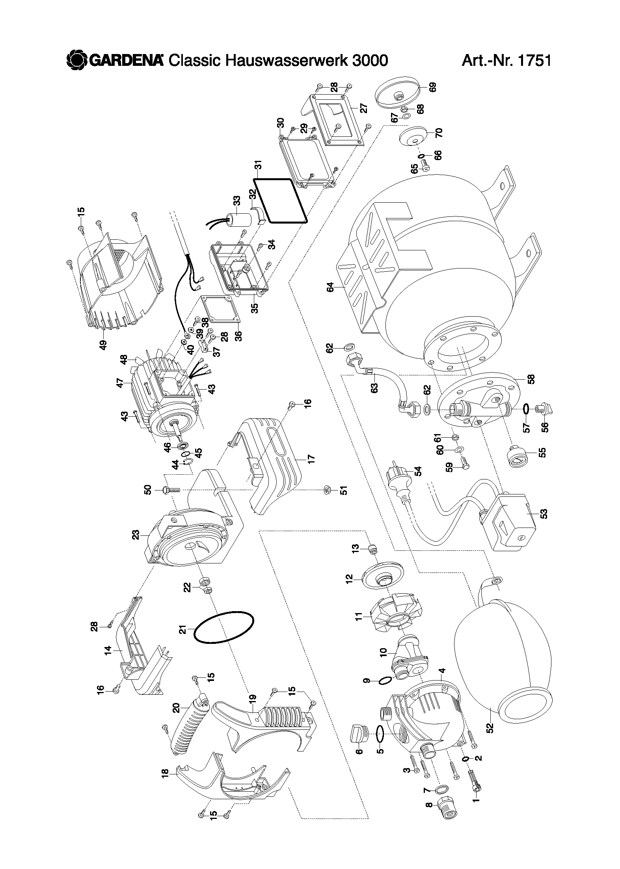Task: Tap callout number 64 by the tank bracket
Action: pyautogui.click(x=330, y=287)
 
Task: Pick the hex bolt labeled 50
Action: pyautogui.click(x=171, y=490)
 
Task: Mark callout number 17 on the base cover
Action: pyautogui.click(x=312, y=459)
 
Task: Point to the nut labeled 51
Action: pyautogui.click(x=326, y=490)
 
